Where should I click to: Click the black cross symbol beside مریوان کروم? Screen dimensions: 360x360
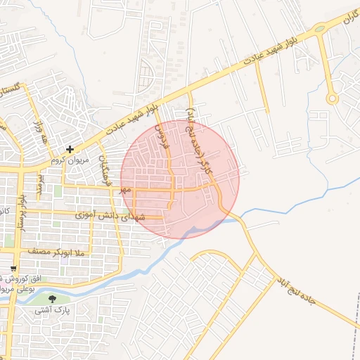coord(70,149)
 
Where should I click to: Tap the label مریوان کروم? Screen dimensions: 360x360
coord(70,159)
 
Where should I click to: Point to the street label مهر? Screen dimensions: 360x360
coord(125,190)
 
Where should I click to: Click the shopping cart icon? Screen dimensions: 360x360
coord(13,269)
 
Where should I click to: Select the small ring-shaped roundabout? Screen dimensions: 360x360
coord(332,99)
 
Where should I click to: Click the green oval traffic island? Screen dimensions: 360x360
coord(320,29)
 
